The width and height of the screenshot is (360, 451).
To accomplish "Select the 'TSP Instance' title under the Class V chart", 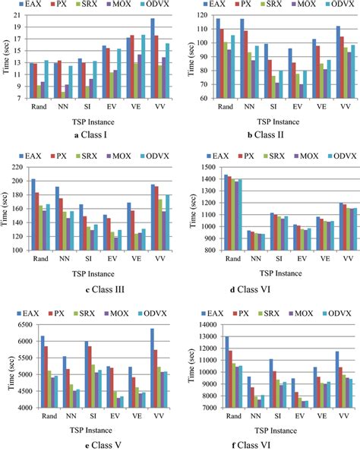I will click(x=94, y=425).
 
